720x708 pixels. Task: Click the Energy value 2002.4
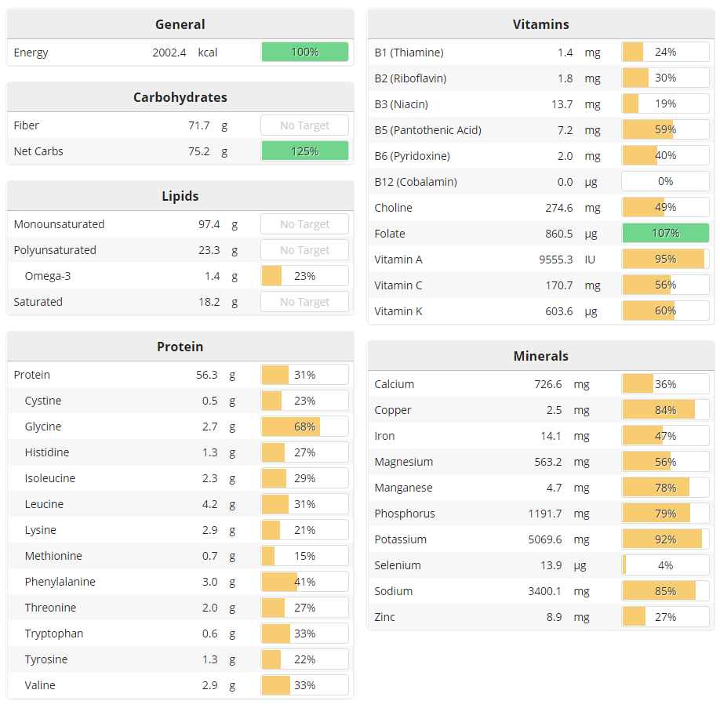tap(169, 53)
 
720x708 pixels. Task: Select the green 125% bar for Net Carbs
tap(304, 151)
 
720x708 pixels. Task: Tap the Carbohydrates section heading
tap(180, 97)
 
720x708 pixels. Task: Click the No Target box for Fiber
tap(304, 125)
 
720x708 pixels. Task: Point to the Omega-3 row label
tap(48, 276)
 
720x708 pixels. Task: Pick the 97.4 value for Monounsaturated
tap(209, 224)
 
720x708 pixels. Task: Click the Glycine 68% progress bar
tap(304, 427)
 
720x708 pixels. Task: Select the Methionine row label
tap(53, 556)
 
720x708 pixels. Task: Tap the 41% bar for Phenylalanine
tap(304, 582)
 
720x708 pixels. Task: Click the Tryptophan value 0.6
tap(209, 634)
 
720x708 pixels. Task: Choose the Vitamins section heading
tap(540, 24)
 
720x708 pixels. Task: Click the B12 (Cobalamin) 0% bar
tap(665, 182)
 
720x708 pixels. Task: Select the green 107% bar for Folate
tap(665, 234)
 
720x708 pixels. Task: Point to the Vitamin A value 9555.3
tap(555, 260)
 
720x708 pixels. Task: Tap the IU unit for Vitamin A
tap(590, 260)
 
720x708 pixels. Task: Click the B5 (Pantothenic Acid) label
tap(427, 130)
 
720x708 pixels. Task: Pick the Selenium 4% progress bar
tap(665, 565)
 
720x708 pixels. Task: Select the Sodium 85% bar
tap(665, 591)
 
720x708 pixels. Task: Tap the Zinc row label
tap(384, 617)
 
